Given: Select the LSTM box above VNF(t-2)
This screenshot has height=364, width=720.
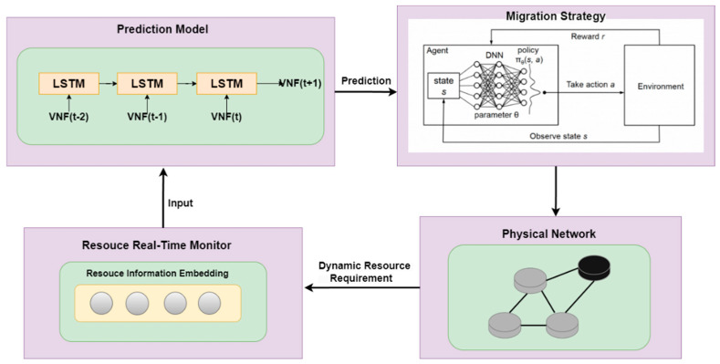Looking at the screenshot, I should (x=65, y=84).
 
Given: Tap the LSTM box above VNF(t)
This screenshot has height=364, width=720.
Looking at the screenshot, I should (x=225, y=84).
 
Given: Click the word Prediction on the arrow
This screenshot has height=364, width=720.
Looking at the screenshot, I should (x=365, y=81).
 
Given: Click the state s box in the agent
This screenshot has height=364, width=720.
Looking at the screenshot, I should (x=442, y=88).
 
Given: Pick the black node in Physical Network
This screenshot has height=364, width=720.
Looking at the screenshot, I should (x=596, y=266).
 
